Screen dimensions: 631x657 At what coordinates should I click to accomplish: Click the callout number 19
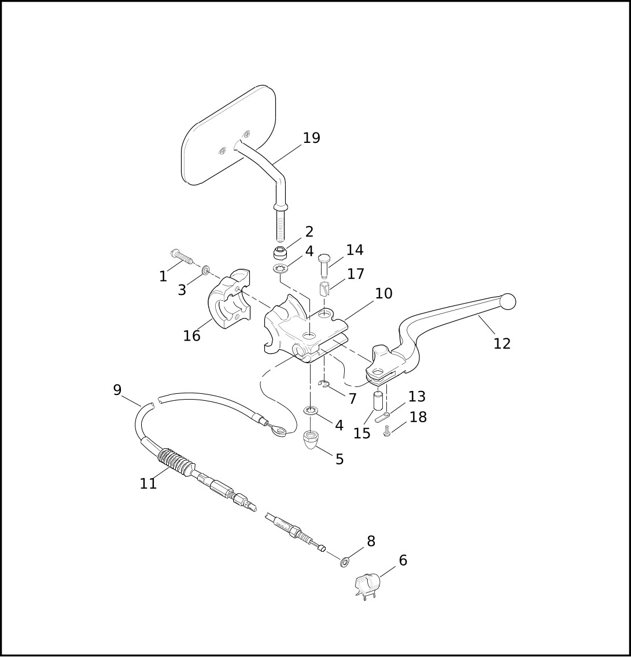[x=311, y=138]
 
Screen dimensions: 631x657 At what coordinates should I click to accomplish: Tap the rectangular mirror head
[x=228, y=135]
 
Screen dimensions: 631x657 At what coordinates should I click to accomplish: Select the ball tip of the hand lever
[x=508, y=302]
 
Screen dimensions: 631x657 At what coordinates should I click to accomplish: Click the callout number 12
[x=502, y=344]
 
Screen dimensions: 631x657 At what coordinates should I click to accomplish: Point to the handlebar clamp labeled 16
[x=229, y=299]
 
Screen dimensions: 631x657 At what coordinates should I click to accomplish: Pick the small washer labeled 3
[x=206, y=270]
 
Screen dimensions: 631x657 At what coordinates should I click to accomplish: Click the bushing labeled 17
[x=325, y=289]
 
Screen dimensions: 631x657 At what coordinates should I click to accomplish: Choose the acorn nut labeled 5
[x=311, y=440]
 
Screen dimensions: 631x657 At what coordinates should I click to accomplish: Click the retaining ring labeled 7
[x=324, y=384]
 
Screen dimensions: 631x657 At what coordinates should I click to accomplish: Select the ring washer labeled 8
[x=344, y=562]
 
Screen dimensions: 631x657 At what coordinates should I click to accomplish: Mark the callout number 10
[x=383, y=294]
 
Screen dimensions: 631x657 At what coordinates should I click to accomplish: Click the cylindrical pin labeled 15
[x=378, y=401]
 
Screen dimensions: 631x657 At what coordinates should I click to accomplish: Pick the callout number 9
[x=117, y=390]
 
